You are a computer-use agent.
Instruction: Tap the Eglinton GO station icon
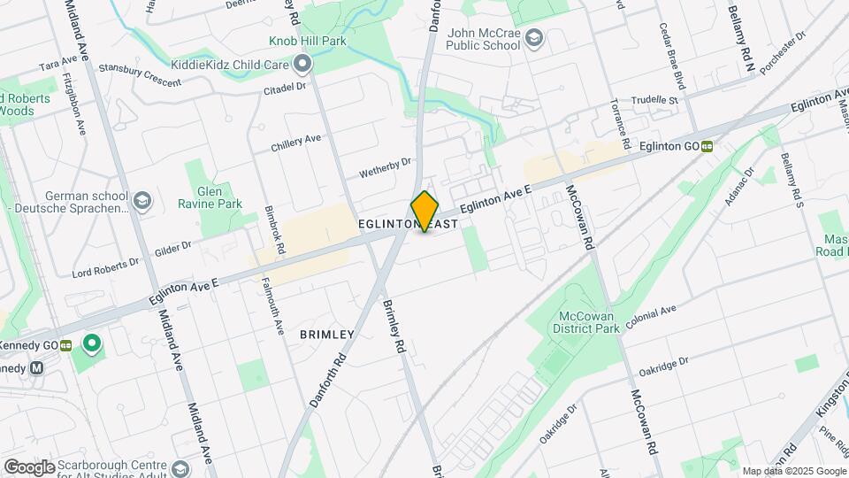(707, 147)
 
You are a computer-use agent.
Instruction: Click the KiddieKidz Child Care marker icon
(303, 64)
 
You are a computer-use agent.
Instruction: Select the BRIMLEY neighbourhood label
(326, 335)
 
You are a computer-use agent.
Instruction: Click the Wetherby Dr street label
(386, 167)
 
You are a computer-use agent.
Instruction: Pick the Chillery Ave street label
(296, 142)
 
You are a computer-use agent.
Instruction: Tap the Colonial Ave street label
(650, 317)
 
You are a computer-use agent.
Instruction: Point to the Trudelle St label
(654, 101)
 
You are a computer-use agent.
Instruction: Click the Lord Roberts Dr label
(105, 263)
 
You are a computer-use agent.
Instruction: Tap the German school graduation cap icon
(142, 202)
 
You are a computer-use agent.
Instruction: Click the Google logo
(29, 466)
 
